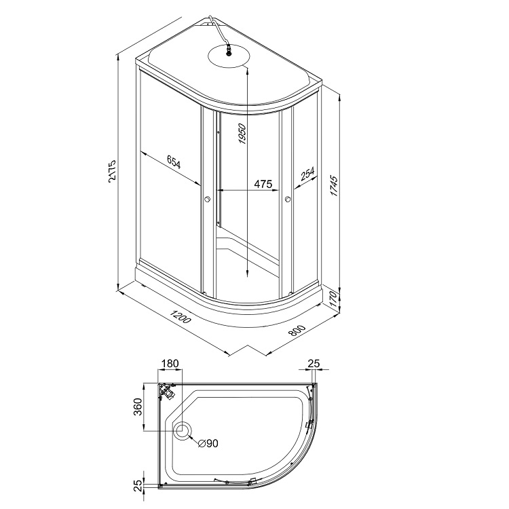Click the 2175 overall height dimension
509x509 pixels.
112,170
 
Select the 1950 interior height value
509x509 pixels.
242,134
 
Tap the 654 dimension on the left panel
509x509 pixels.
174,162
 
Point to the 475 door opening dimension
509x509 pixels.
263,184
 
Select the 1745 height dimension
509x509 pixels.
334,186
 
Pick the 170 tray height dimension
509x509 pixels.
333,300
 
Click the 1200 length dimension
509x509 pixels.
180,317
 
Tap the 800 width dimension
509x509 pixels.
297,330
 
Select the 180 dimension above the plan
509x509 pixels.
170,363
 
